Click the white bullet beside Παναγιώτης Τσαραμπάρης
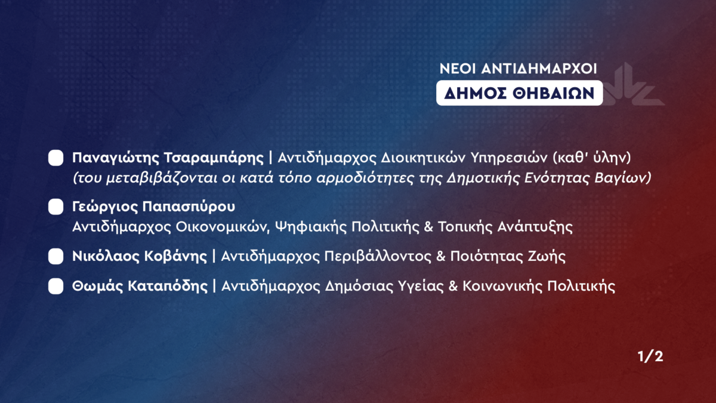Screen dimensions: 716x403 (55, 158)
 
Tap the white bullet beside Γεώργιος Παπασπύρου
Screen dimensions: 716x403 (55, 207)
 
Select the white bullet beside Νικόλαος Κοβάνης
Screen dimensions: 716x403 (55, 257)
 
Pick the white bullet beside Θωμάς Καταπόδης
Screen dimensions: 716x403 (55, 286)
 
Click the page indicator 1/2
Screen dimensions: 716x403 (650, 356)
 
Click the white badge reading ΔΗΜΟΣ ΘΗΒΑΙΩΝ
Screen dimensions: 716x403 (520, 93)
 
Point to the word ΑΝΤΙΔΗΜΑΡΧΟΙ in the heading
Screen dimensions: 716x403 (539, 69)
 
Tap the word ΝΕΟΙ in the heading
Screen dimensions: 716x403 (458, 69)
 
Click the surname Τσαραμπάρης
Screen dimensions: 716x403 (214, 158)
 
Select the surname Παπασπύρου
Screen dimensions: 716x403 (189, 207)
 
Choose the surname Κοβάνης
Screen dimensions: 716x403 (175, 257)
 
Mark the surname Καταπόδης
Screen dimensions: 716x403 (168, 286)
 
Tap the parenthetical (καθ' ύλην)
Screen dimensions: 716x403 (592, 158)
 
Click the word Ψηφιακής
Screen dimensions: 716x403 (311, 227)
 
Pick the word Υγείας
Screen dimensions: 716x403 (421, 286)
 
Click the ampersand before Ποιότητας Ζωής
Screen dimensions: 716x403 (441, 257)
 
